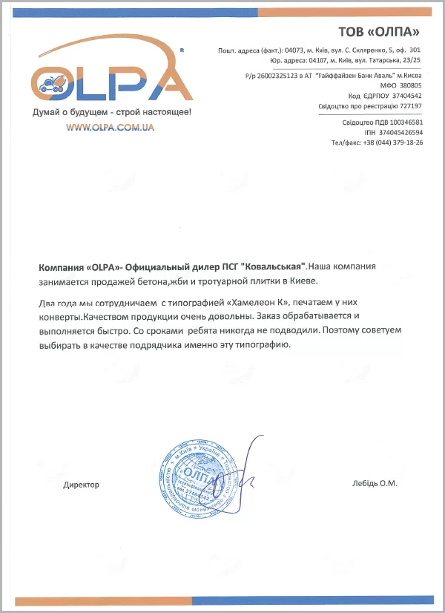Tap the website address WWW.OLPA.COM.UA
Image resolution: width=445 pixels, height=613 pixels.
click(x=109, y=128)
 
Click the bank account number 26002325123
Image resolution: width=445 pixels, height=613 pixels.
click(x=277, y=76)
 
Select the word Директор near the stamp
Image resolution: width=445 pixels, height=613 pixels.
click(x=81, y=484)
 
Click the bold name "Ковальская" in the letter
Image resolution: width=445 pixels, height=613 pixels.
click(x=270, y=266)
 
